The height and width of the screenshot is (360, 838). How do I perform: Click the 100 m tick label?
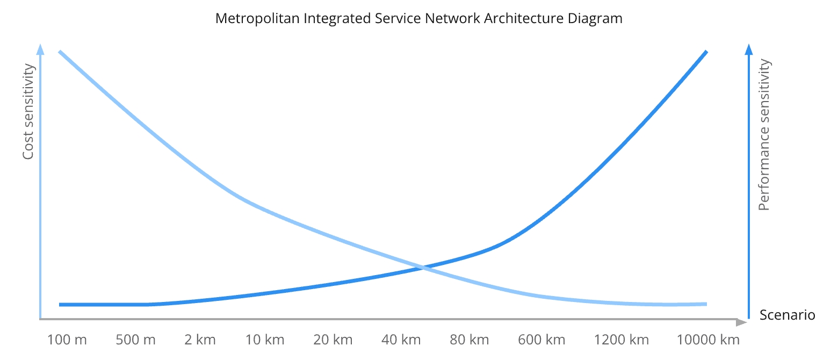(67, 340)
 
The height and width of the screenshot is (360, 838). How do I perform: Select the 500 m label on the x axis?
(135, 340)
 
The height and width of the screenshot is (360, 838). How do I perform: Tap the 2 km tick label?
(200, 340)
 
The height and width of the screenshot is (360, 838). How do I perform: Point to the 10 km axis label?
(265, 340)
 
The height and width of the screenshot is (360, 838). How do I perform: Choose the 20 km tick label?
(333, 340)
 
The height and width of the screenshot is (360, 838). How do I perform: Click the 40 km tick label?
(401, 340)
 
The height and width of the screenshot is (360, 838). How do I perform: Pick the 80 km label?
(469, 340)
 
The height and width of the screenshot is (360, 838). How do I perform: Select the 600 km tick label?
(541, 340)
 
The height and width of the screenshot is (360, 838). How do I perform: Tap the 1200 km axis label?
(622, 340)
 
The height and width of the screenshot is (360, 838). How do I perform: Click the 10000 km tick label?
(708, 340)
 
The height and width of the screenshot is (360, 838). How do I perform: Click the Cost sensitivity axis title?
(28, 112)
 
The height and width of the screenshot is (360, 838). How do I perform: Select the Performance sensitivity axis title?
(764, 135)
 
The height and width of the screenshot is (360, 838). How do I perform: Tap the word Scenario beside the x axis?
(787, 315)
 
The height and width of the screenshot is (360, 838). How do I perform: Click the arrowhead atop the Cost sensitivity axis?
(40, 49)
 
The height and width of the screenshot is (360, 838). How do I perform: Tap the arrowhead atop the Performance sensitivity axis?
(749, 49)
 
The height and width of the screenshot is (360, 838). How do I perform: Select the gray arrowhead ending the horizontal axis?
(741, 322)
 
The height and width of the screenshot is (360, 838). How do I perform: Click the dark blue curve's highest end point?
(706, 52)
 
